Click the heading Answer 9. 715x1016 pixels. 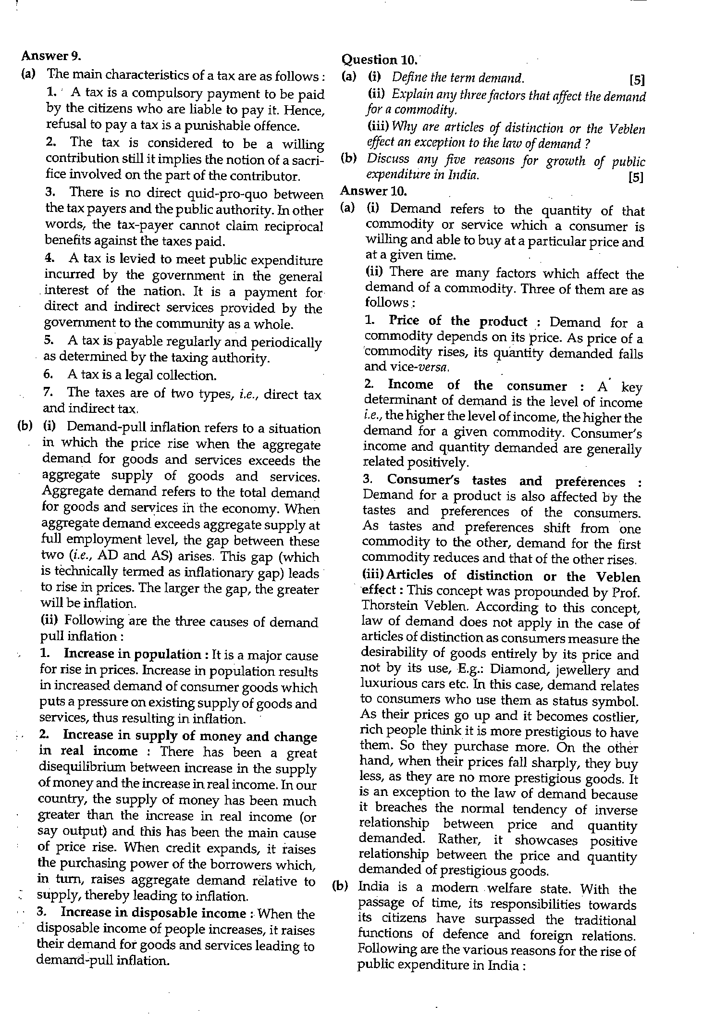51,56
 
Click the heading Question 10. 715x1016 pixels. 379,60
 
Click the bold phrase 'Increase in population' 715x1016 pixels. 132,654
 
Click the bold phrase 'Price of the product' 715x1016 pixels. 457,321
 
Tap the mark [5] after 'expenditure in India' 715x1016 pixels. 636,177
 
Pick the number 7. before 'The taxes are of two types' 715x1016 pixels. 48,392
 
